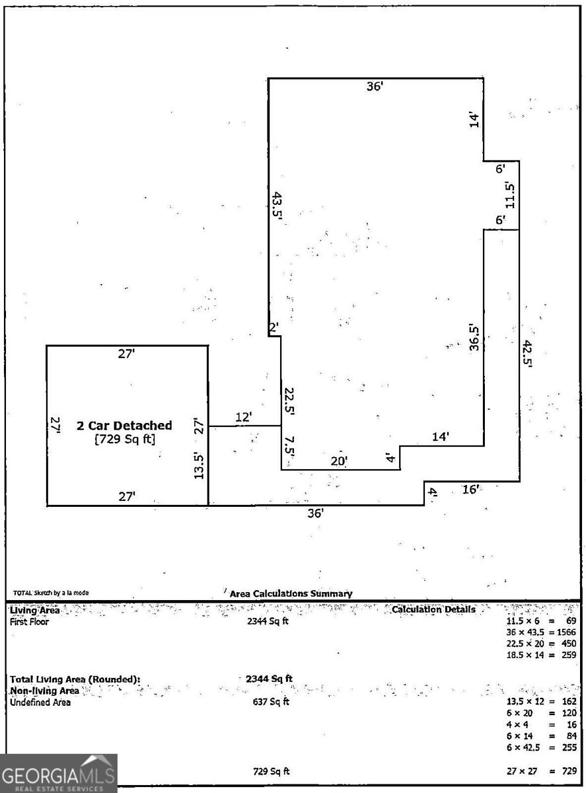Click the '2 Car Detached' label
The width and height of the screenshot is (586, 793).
point(125,426)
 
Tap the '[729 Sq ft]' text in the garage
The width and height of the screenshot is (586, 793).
point(125,439)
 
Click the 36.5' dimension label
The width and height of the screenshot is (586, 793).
point(473,336)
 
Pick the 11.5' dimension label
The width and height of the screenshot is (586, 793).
point(509,194)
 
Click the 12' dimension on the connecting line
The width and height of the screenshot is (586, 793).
point(244,417)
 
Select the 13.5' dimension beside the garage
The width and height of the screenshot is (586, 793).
point(198,465)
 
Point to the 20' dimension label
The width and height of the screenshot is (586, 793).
point(339,461)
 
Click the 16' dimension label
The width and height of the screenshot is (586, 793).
point(470,490)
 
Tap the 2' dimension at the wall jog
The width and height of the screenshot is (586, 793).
point(274,327)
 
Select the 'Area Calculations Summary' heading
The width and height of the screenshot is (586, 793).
point(291,594)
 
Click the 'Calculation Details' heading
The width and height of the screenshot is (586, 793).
point(433,609)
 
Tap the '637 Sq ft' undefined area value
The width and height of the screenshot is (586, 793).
point(272,702)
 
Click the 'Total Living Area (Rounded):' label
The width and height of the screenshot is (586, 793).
point(75,679)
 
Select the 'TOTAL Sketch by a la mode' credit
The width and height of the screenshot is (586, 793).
point(51,593)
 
